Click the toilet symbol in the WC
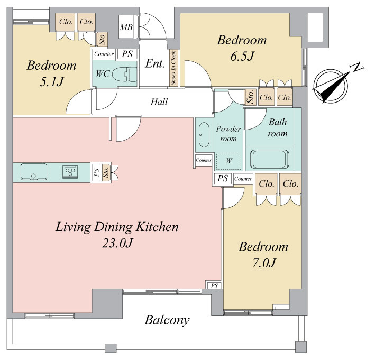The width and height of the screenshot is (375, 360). (x=124, y=74)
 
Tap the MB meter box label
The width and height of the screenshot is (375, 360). (x=126, y=27)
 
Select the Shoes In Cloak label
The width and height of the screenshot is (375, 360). (x=173, y=68)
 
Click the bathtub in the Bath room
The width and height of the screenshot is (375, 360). (x=270, y=159)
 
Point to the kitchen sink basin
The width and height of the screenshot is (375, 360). (x=34, y=172)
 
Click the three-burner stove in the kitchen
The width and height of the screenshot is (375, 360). (x=70, y=172)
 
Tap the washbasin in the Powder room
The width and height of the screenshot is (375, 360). (x=204, y=135)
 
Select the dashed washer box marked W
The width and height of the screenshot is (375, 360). (x=228, y=161)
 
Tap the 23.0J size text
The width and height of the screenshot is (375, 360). (x=117, y=243)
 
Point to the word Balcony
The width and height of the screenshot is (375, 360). (x=167, y=320)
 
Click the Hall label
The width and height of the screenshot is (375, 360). (x=159, y=102)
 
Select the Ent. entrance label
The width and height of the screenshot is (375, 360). (x=155, y=64)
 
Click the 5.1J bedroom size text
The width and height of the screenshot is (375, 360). (x=51, y=82)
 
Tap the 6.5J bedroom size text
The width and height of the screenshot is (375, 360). (x=242, y=57)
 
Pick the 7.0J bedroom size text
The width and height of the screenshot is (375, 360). (x=264, y=263)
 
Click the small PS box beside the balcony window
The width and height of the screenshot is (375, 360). (x=214, y=285)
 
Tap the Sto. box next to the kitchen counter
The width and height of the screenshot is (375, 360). (x=106, y=172)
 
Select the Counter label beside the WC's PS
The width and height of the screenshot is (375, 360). (x=104, y=54)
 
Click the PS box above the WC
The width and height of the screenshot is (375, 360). (x=127, y=54)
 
